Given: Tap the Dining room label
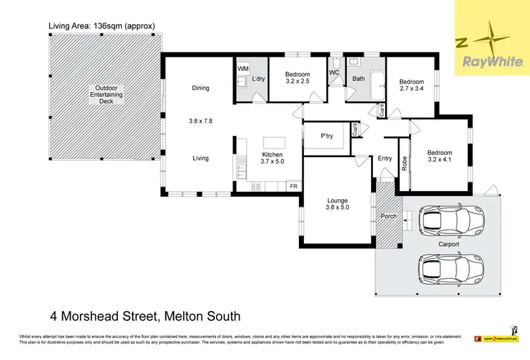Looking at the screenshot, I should point(201,88).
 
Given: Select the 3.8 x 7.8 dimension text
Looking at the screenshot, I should point(201,121).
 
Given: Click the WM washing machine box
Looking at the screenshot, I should point(243,69).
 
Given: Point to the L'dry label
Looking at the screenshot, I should point(259,79).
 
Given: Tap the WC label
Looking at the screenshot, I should point(335,73).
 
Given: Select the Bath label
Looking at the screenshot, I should point(359,79).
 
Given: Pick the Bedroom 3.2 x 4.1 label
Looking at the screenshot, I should point(440,156).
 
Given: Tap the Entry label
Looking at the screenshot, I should point(385,158).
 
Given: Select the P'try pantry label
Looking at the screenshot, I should point(327,136).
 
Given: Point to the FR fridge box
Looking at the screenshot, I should point(293,186).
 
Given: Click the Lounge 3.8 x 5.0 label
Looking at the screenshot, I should point(337,204).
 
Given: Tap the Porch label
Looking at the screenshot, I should point(388,216).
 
